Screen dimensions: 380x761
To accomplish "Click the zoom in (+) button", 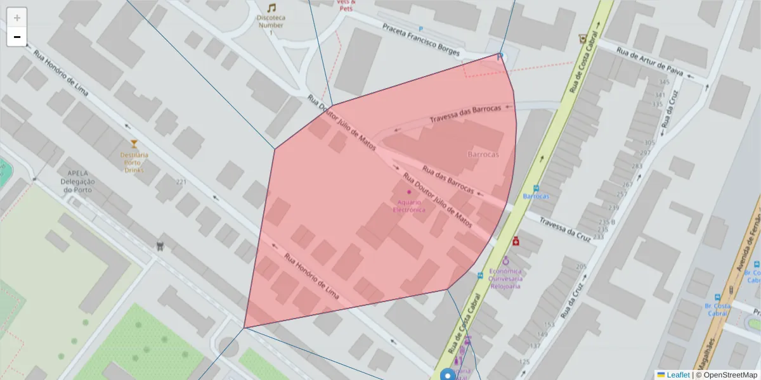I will [17, 18].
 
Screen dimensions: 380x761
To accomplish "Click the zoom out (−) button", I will [17, 37].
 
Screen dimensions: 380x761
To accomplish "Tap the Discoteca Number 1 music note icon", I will [271, 8].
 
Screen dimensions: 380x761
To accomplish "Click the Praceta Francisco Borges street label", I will [420, 39].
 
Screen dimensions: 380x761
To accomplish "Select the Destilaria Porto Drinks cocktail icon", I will [134, 144].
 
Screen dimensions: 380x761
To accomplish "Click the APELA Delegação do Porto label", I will [77, 181].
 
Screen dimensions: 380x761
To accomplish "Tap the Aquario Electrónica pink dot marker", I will [409, 191].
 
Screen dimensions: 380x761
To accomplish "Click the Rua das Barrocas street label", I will [448, 180].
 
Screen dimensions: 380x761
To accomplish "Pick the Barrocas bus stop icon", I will [537, 188].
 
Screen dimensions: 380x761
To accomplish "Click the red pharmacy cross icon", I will [516, 241].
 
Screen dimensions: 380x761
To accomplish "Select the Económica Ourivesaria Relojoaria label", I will [506, 278].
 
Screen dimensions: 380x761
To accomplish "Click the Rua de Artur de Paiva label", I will [649, 62].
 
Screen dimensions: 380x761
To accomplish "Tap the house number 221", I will [182, 182].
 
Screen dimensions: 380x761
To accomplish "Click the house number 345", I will [664, 82].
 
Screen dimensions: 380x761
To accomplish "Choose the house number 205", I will [581, 267].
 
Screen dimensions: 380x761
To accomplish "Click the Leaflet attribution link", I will [678, 375].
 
